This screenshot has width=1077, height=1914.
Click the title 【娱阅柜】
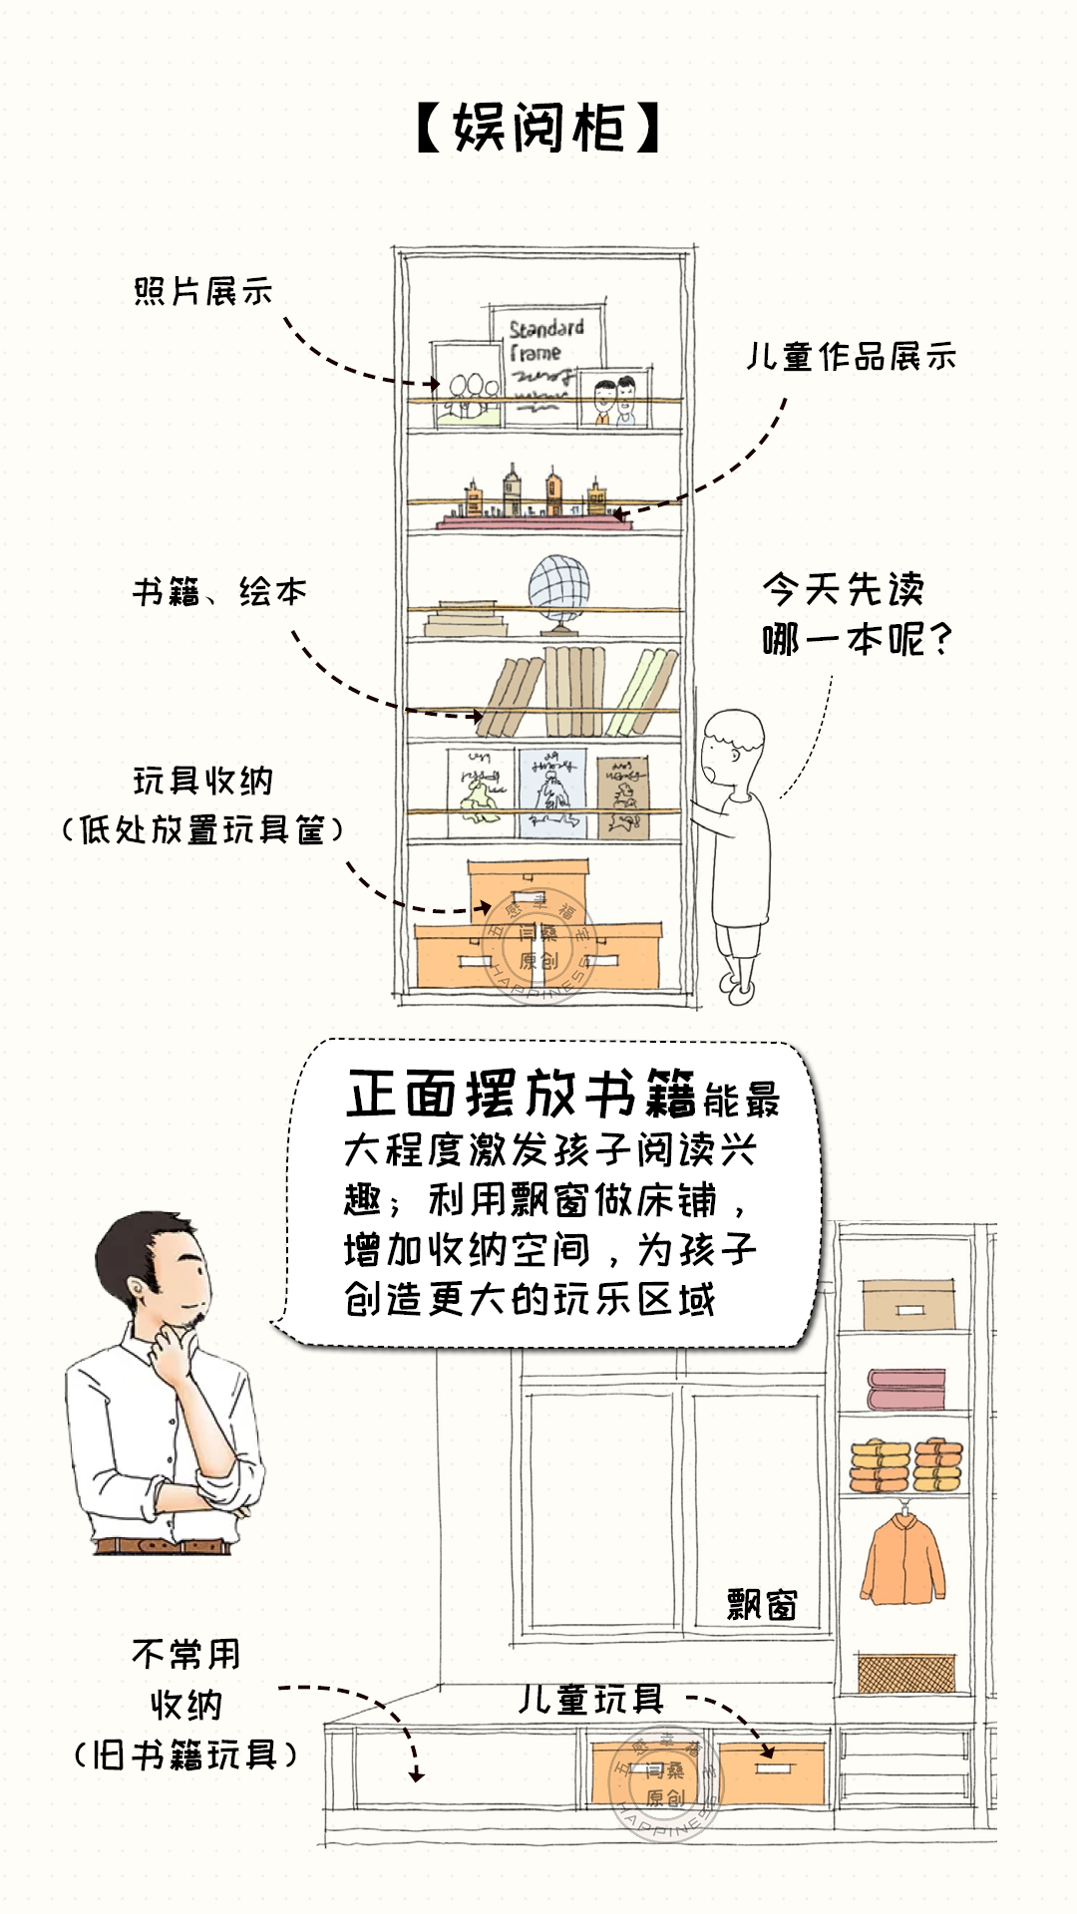tap(538, 129)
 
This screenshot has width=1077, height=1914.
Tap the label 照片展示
tap(203, 291)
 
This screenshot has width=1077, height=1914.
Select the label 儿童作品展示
tap(852, 356)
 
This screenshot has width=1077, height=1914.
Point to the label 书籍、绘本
tap(219, 592)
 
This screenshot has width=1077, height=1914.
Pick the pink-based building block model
tap(533, 504)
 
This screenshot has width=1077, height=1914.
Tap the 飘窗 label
tap(762, 1605)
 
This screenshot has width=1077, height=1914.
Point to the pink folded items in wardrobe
tap(905, 1389)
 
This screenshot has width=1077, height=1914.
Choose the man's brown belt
tap(164, 1546)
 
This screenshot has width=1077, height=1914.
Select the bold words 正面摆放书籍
tap(521, 1094)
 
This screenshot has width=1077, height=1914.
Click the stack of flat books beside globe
tap(467, 618)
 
